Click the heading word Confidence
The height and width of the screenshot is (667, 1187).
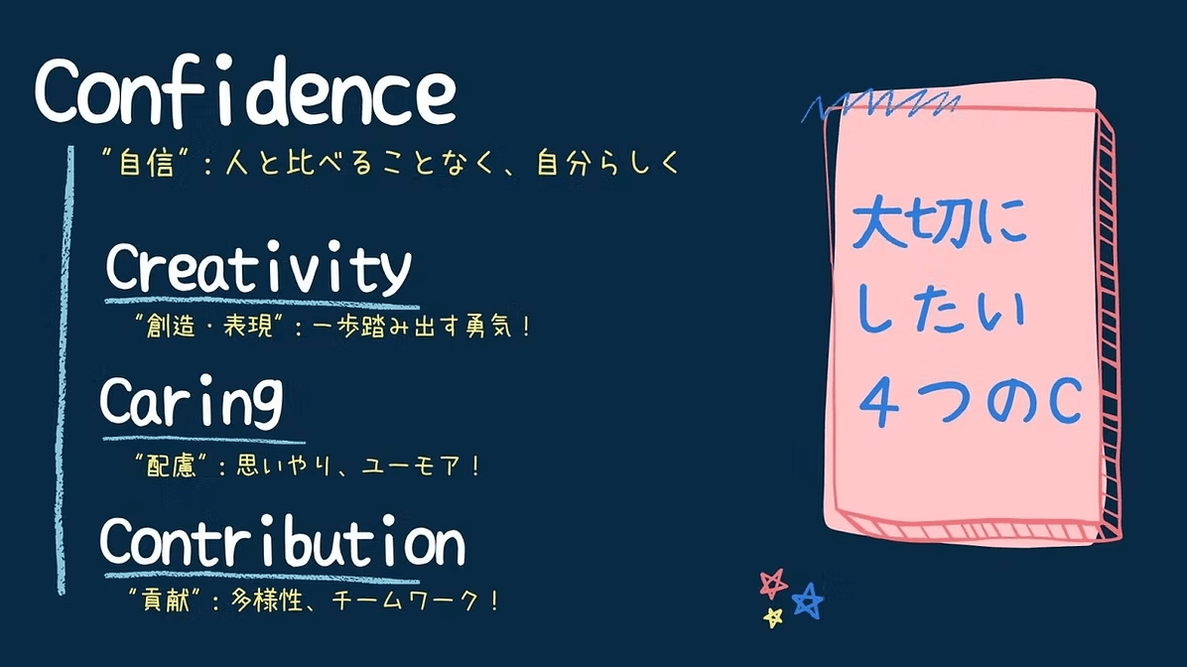click(x=245, y=92)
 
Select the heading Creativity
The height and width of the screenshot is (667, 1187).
click(x=258, y=268)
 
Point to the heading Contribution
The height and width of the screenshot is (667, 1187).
click(x=283, y=541)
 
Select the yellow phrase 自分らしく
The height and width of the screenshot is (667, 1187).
click(x=609, y=163)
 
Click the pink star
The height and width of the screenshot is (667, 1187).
click(x=773, y=584)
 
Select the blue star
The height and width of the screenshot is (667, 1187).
click(x=808, y=601)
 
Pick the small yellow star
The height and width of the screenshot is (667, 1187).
click(x=773, y=617)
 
